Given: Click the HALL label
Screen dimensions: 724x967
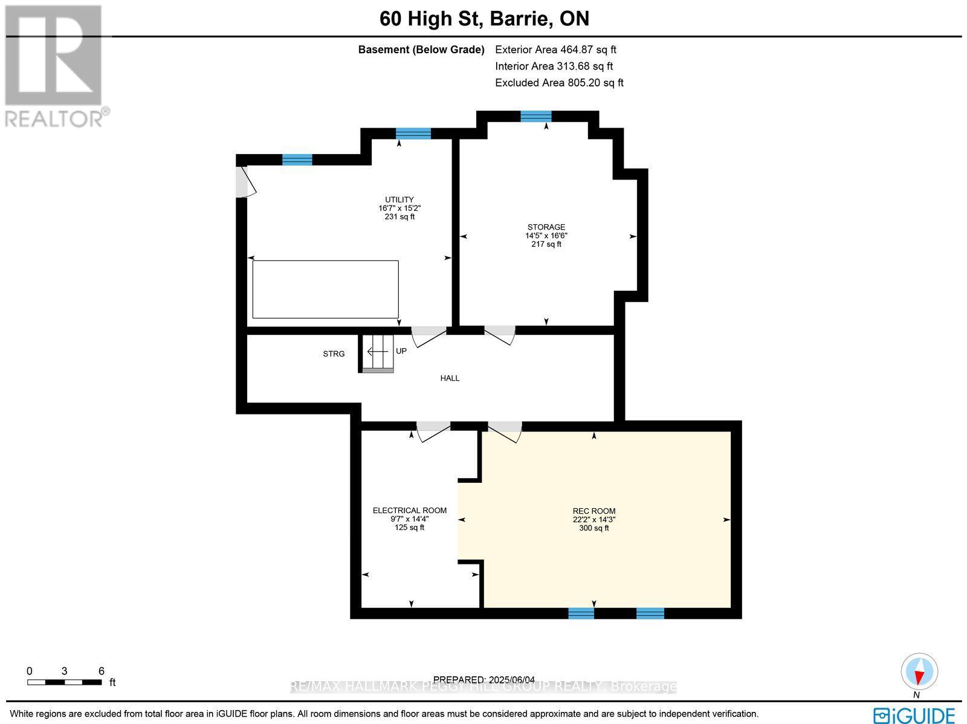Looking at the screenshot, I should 450,378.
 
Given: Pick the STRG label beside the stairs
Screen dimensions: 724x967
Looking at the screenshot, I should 334,354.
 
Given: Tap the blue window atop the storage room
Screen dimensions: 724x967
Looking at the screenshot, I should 536,117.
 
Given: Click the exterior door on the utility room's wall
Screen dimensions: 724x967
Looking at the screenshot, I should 245,183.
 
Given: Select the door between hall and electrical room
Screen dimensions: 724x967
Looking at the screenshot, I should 433,430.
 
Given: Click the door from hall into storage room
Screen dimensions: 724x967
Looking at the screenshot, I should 500,334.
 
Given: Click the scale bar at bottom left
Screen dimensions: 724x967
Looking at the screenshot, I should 64,682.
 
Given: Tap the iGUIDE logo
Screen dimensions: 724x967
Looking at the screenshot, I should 914,715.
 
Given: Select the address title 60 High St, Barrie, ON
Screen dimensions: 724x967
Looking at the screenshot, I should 484,19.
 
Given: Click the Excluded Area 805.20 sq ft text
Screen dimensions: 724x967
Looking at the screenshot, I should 559,83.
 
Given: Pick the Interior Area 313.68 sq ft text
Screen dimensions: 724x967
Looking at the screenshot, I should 554,66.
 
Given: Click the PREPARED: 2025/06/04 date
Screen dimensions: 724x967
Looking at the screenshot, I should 484,680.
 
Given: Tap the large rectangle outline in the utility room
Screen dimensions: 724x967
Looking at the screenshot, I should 325,289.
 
